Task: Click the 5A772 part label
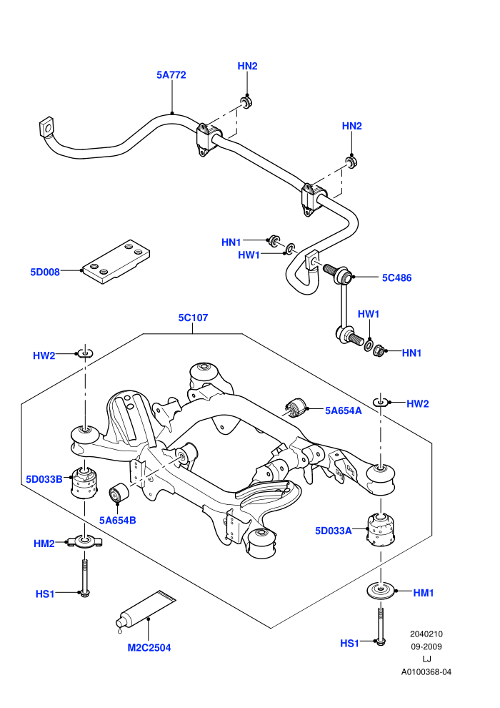171,75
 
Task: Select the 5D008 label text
45,272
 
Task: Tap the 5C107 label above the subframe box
193,318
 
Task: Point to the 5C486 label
396,277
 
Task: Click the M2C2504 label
149,648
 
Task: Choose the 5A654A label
344,410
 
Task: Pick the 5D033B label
44,479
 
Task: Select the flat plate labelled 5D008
116,262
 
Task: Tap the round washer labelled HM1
381,591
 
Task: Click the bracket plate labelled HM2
84,541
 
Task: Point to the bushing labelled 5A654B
119,492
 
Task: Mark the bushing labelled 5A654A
295,408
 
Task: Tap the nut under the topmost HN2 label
246,102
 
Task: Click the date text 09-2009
426,646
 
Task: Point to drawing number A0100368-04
426,672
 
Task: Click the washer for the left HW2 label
85,353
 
